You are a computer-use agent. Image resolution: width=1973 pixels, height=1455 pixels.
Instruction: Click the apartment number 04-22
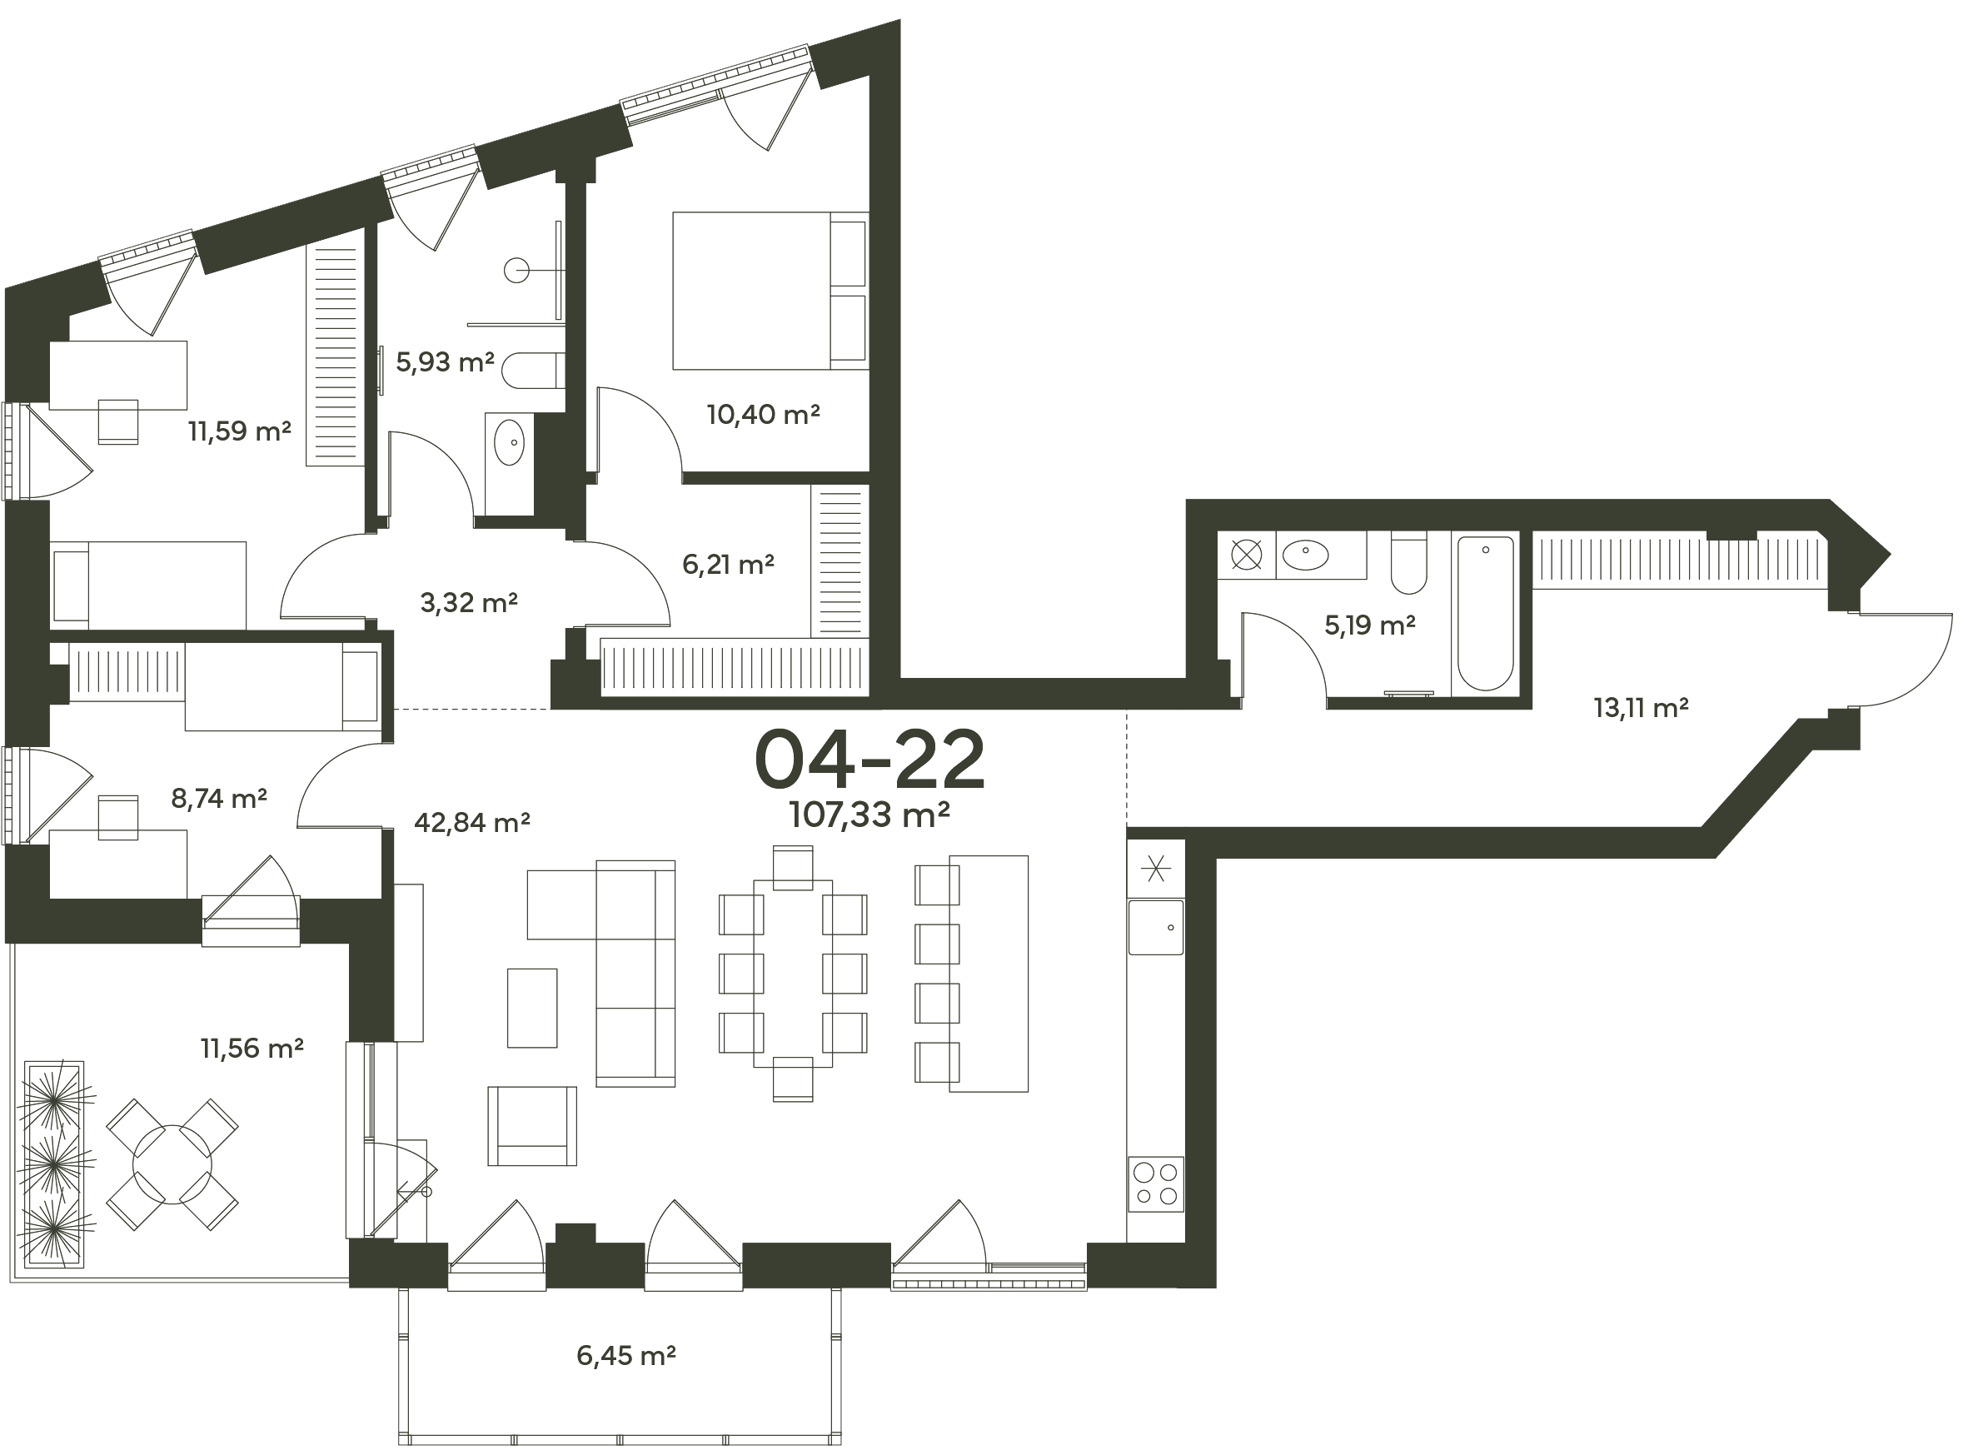pos(870,760)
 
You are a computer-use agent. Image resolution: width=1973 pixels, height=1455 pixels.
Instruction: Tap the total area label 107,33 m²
pos(869,815)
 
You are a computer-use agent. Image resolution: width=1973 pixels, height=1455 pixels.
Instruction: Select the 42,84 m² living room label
pos(472,823)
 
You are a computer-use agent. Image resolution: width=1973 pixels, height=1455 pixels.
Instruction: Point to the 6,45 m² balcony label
pos(626,1356)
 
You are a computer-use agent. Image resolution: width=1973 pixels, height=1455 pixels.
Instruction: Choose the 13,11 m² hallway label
pos(1641,707)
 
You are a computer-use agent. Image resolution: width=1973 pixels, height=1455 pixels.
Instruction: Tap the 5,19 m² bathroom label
pos(1370,625)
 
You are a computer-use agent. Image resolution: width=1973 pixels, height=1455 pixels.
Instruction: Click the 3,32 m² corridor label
pos(469,602)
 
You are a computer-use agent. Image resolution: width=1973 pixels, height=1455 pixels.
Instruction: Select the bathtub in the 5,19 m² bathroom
pos(1486,614)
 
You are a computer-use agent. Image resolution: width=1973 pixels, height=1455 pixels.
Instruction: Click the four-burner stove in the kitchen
pos(1156,1183)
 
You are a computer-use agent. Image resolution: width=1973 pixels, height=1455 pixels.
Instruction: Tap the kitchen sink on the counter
pos(1156,928)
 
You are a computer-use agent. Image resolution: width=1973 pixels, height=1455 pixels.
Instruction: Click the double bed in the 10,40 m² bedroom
pos(770,291)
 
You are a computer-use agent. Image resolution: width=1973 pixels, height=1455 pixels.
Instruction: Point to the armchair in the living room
pos(532,1127)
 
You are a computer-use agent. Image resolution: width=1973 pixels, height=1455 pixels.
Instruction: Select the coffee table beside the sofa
pos(532,1009)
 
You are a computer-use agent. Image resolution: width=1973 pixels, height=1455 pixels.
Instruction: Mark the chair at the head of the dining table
pos(793,868)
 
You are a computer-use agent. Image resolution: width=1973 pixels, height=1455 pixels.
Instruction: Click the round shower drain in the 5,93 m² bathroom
pos(517,271)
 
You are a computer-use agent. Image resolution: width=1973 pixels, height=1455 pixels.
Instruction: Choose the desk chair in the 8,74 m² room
pos(118,817)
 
